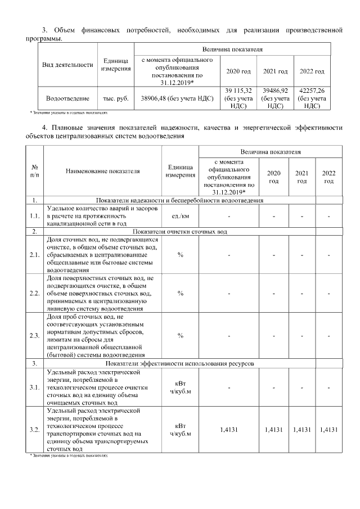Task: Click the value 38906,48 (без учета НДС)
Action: tap(176, 98)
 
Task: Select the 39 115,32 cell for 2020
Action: tap(238, 98)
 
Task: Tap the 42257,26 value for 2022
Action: tap(311, 98)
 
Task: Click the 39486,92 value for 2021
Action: tap(275, 98)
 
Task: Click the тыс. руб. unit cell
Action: tap(116, 98)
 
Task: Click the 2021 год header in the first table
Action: tap(275, 71)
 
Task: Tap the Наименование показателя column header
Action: tap(102, 170)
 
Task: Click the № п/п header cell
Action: tap(35, 170)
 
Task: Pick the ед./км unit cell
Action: tap(180, 216)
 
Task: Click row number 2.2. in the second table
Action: tap(35, 293)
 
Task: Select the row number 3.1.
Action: tap(35, 388)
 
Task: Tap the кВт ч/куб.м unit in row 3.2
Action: tap(180, 430)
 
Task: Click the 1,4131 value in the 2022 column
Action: tap(328, 430)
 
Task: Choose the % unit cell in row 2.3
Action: tap(180, 336)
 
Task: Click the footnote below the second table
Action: tap(69, 456)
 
